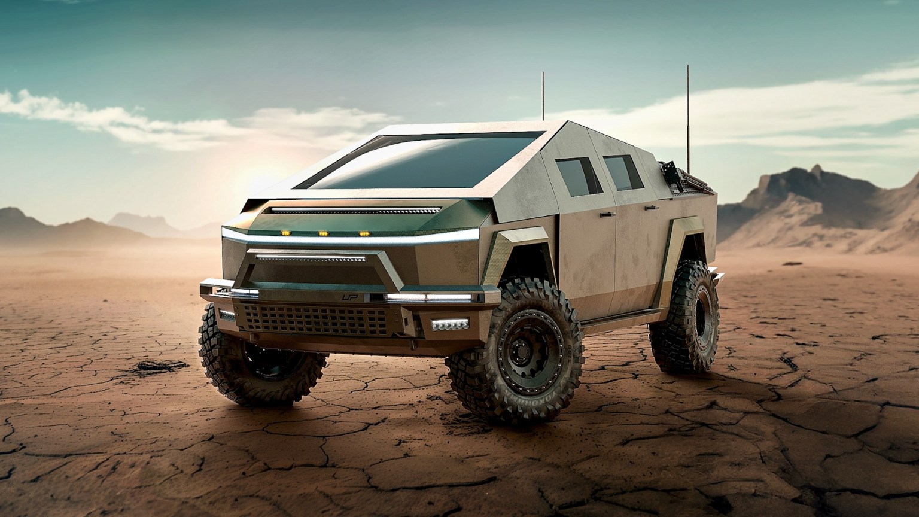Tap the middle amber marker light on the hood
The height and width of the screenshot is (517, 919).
click(323, 233)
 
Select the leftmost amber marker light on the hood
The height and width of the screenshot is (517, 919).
click(285, 232)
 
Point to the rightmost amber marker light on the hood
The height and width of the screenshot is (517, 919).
click(362, 233)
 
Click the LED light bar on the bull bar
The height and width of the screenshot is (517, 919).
click(311, 258)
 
